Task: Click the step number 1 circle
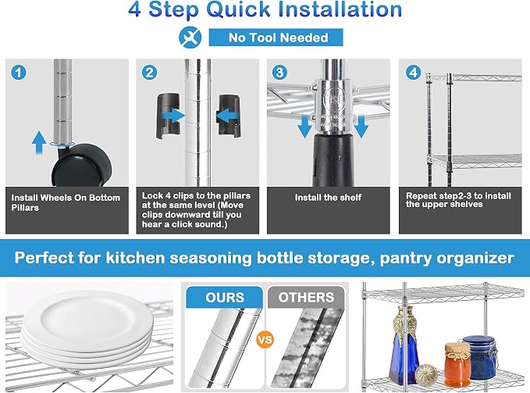tap(19, 73)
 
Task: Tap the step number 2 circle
tap(149, 73)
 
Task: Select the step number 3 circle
tap(280, 73)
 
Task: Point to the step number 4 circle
tap(413, 73)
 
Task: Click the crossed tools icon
tap(190, 38)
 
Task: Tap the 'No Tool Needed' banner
tap(276, 38)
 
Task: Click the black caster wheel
tap(82, 166)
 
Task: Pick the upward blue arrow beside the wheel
tap(39, 143)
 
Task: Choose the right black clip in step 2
tap(229, 116)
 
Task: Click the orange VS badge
tap(265, 340)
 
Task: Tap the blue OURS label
tap(225, 297)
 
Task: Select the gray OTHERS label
tap(306, 297)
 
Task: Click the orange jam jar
tap(457, 366)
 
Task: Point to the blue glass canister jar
tap(479, 357)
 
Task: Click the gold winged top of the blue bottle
tap(404, 320)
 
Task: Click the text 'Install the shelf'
tap(328, 198)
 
